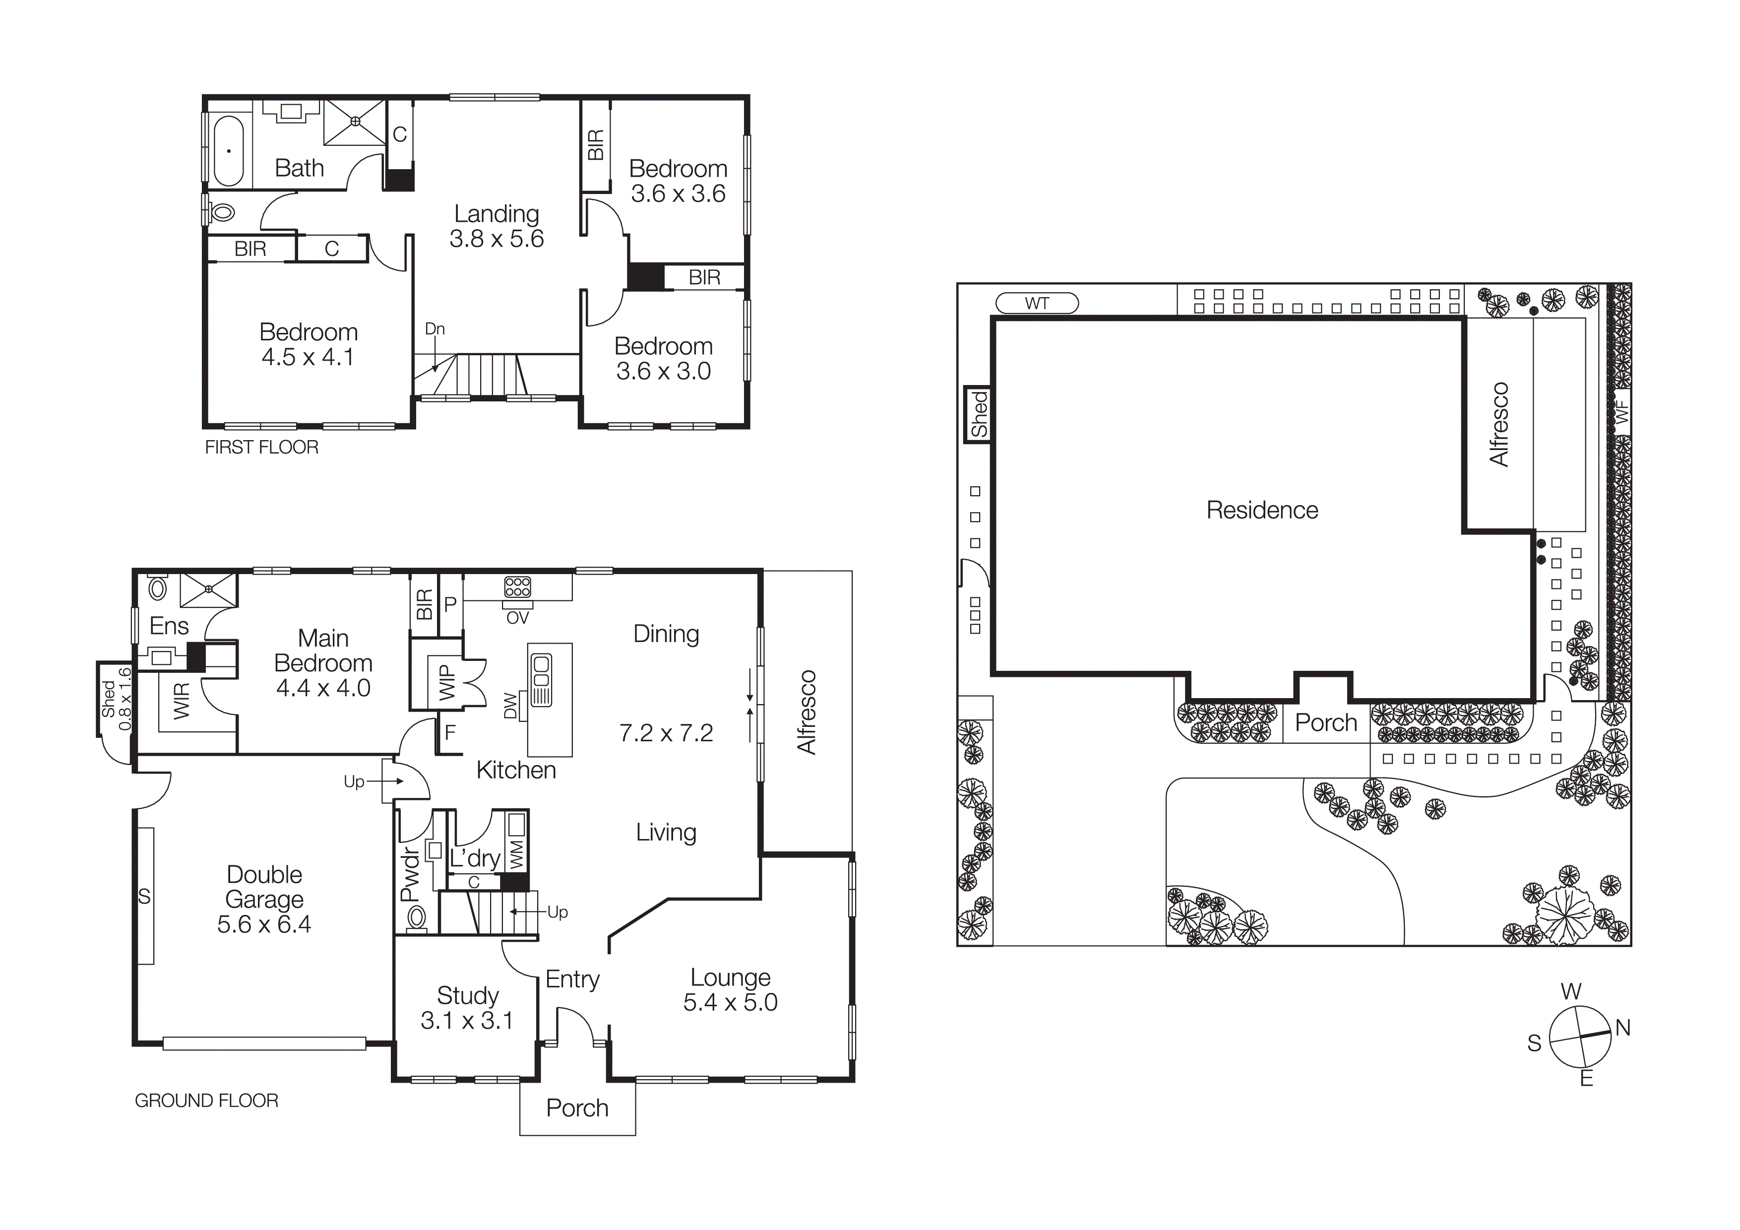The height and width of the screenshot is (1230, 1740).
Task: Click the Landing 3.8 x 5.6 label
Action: coord(497,226)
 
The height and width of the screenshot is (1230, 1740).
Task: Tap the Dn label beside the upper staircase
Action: coord(434,329)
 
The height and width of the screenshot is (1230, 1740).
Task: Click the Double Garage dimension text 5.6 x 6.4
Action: coord(264,924)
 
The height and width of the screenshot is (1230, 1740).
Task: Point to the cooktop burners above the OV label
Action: coord(518,586)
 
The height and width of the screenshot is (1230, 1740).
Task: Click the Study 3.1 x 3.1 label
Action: coord(467,1008)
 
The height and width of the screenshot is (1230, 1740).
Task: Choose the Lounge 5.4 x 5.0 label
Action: coord(730,990)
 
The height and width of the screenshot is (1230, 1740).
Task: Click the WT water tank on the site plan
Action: coord(1036,303)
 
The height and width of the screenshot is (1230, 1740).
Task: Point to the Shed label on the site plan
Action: coord(978,414)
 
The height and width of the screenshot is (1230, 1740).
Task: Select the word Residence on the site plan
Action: coord(1262,510)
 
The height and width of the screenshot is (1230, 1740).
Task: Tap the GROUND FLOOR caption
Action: coord(206,1101)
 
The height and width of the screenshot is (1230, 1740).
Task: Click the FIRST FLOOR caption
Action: coord(261,447)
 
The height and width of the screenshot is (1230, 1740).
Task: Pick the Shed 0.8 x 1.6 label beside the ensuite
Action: coord(117,699)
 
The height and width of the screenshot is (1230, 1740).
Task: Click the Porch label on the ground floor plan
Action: coord(577,1108)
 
